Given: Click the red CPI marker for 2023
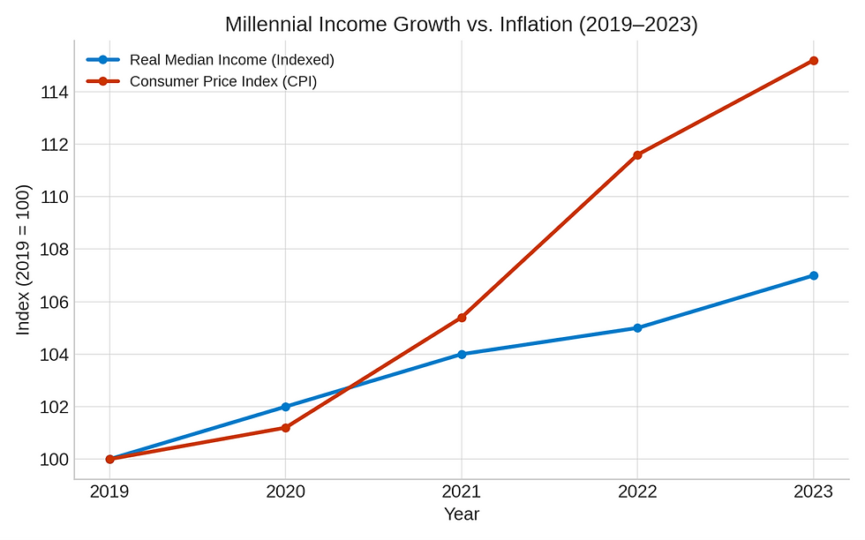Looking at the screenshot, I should (x=813, y=61).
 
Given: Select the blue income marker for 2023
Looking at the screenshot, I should (x=813, y=275).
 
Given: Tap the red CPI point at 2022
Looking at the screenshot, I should (x=637, y=155).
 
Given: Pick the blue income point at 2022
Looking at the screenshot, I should (x=637, y=328).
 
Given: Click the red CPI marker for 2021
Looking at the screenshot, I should (x=462, y=318).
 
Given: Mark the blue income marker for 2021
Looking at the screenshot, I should (x=462, y=354).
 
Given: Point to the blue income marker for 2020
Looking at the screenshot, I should (x=285, y=407).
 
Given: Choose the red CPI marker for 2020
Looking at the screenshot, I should (x=285, y=428).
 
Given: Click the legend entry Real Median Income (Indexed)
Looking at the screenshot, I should (x=231, y=60).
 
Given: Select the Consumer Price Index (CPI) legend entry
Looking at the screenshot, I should (x=222, y=81).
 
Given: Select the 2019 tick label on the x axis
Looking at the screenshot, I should (x=109, y=492).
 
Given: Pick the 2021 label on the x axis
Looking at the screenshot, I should (x=462, y=492).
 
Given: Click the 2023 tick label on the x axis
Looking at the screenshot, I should (x=813, y=492).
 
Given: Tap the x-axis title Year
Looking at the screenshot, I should (x=462, y=514).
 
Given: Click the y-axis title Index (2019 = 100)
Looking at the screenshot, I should (x=24, y=259).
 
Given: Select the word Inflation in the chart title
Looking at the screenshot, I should (x=537, y=25).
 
